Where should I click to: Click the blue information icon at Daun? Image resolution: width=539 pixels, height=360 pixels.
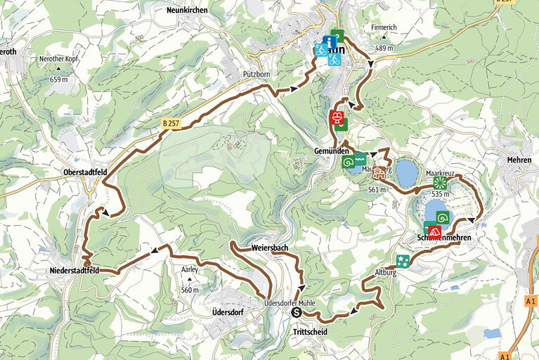pyautogui.click(x=330, y=41)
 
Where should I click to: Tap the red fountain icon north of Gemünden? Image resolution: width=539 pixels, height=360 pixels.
pyautogui.click(x=337, y=117)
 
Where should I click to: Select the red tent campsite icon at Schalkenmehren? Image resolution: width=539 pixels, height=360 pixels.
pyautogui.click(x=435, y=231)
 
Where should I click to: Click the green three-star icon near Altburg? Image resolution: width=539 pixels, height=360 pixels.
pyautogui.click(x=403, y=261)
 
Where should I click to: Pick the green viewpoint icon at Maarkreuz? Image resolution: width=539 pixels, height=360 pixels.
pyautogui.click(x=439, y=181)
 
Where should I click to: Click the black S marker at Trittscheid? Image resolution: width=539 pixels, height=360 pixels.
pyautogui.click(x=296, y=313)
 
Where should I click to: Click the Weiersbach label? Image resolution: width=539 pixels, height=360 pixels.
pyautogui.click(x=270, y=248)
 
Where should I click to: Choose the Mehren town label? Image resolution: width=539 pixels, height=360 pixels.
pyautogui.click(x=519, y=160)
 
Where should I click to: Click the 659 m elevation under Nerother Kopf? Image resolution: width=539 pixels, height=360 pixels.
pyautogui.click(x=59, y=79)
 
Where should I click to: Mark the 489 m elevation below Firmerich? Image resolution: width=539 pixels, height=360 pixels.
pyautogui.click(x=384, y=48)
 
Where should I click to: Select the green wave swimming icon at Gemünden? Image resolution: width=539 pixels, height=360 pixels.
pyautogui.click(x=360, y=158)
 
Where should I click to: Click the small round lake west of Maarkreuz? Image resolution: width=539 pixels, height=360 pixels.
pyautogui.click(x=406, y=172)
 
